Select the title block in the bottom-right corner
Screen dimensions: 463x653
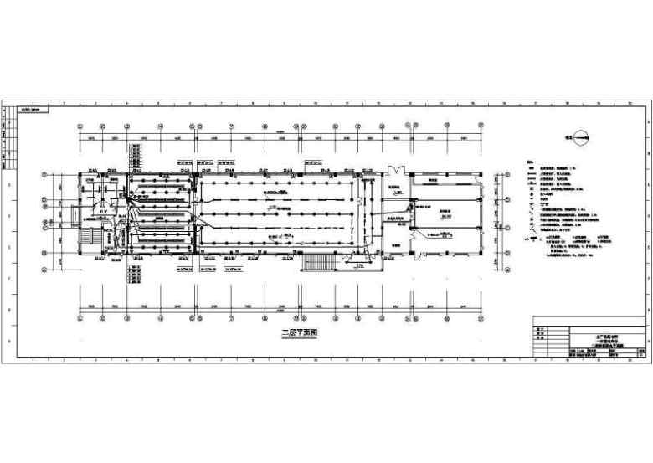point(590,337)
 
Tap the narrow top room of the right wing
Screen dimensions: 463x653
point(434,181)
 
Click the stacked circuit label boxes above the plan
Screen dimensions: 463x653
point(135,156)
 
